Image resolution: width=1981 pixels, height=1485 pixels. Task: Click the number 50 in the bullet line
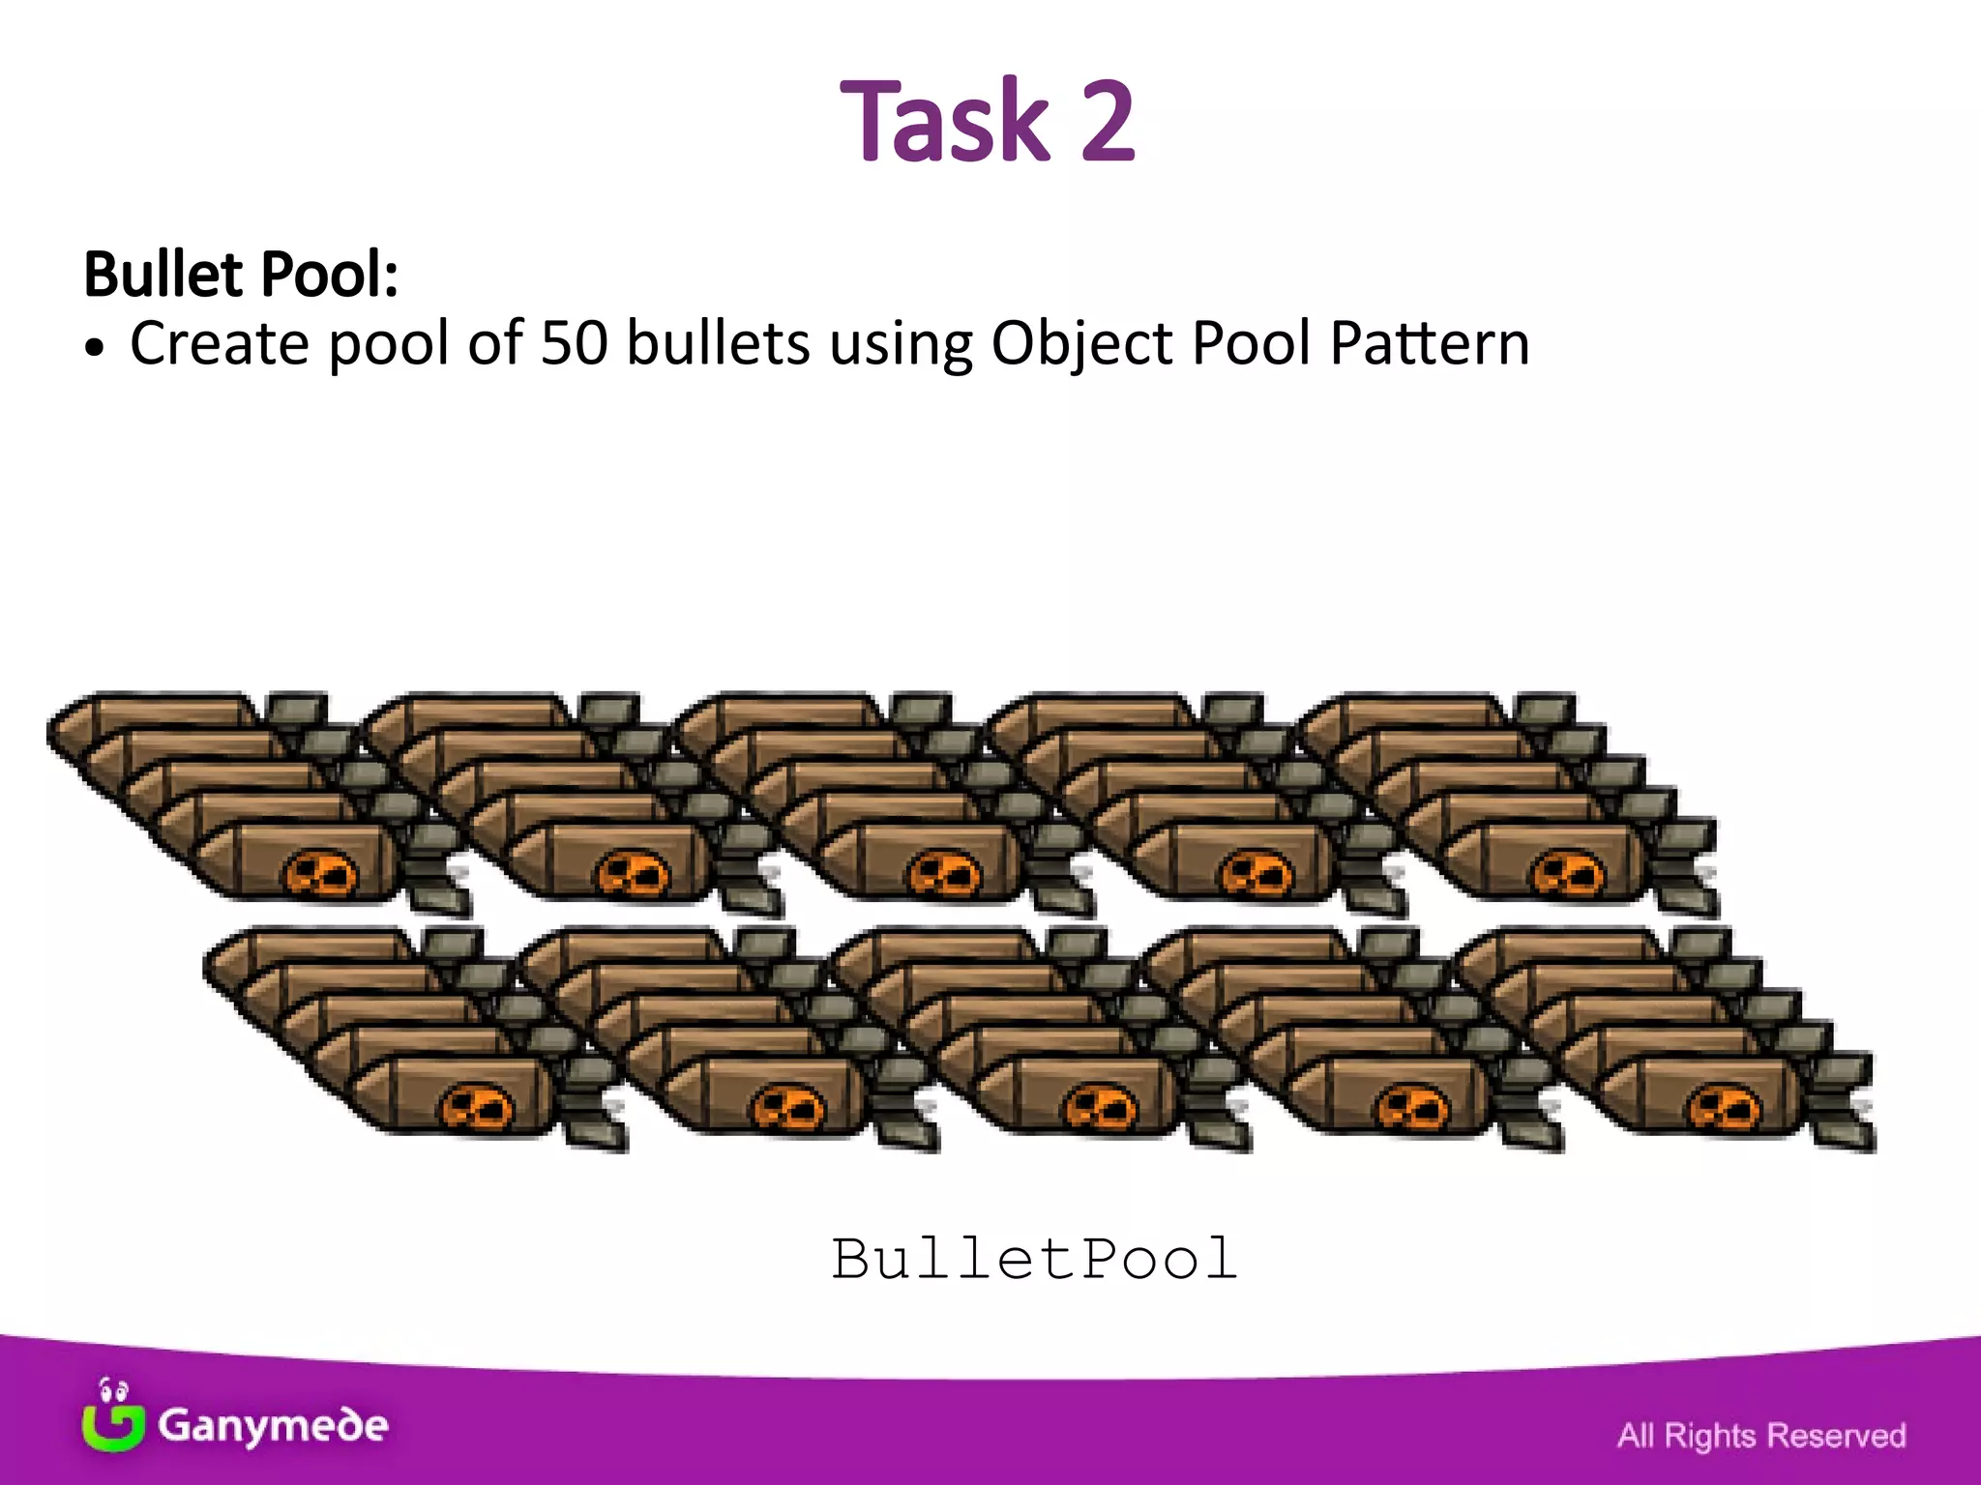pos(574,343)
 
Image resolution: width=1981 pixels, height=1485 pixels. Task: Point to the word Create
pos(220,343)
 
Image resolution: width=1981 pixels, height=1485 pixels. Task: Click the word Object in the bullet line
pos(1080,345)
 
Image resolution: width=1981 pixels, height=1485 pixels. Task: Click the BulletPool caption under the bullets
pos(1034,1260)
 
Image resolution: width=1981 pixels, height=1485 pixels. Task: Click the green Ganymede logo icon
pos(113,1419)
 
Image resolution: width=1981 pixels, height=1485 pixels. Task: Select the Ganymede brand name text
pos(273,1426)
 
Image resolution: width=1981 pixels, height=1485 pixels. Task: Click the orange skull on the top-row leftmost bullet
pos(320,874)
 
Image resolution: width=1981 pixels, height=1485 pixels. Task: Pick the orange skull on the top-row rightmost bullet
pos(1567,874)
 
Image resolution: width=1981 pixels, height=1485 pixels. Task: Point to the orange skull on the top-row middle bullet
pos(944,874)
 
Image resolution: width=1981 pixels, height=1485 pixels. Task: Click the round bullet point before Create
pos(93,350)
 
